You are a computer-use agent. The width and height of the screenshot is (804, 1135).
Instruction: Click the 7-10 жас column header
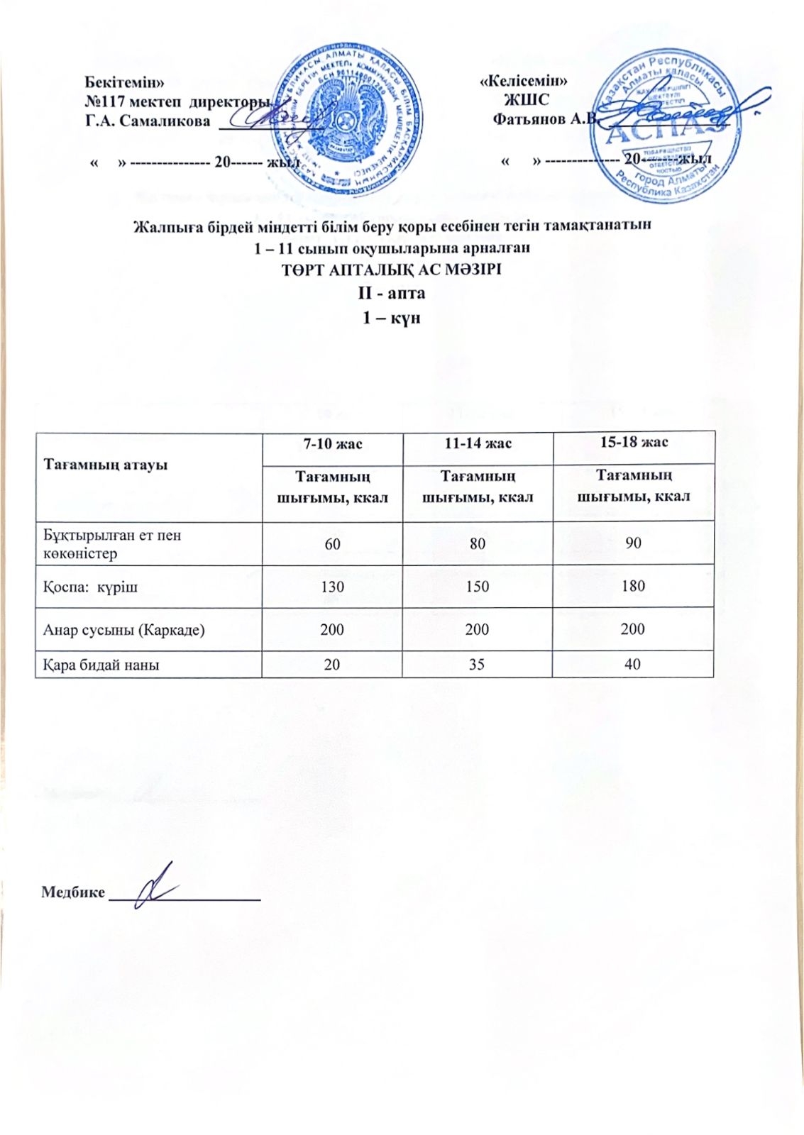pyautogui.click(x=332, y=444)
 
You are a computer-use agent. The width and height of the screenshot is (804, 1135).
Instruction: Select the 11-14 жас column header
pyautogui.click(x=478, y=443)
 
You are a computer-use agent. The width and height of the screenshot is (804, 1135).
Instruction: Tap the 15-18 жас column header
pyautogui.click(x=634, y=443)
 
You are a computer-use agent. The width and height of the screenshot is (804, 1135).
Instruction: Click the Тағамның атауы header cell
pyautogui.click(x=106, y=465)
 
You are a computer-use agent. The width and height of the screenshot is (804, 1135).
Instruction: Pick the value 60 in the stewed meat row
pyautogui.click(x=332, y=543)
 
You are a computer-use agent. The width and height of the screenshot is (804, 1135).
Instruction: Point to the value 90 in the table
pyautogui.click(x=633, y=543)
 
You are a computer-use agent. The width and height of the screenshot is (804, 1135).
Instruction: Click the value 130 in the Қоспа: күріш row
pyautogui.click(x=332, y=587)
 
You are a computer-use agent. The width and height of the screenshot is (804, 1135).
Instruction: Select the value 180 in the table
pyautogui.click(x=633, y=586)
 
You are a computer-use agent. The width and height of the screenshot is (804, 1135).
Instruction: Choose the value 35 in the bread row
pyautogui.click(x=477, y=665)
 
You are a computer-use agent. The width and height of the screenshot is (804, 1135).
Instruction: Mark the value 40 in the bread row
pyautogui.click(x=633, y=664)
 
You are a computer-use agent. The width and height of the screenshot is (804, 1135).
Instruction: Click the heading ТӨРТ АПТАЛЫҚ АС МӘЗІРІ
pyautogui.click(x=392, y=270)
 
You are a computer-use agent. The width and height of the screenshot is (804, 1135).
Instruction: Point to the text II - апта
pyautogui.click(x=392, y=293)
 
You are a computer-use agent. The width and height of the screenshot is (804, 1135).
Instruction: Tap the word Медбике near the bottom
pyautogui.click(x=73, y=892)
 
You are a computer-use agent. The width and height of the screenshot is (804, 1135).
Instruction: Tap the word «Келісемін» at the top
pyautogui.click(x=524, y=80)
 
